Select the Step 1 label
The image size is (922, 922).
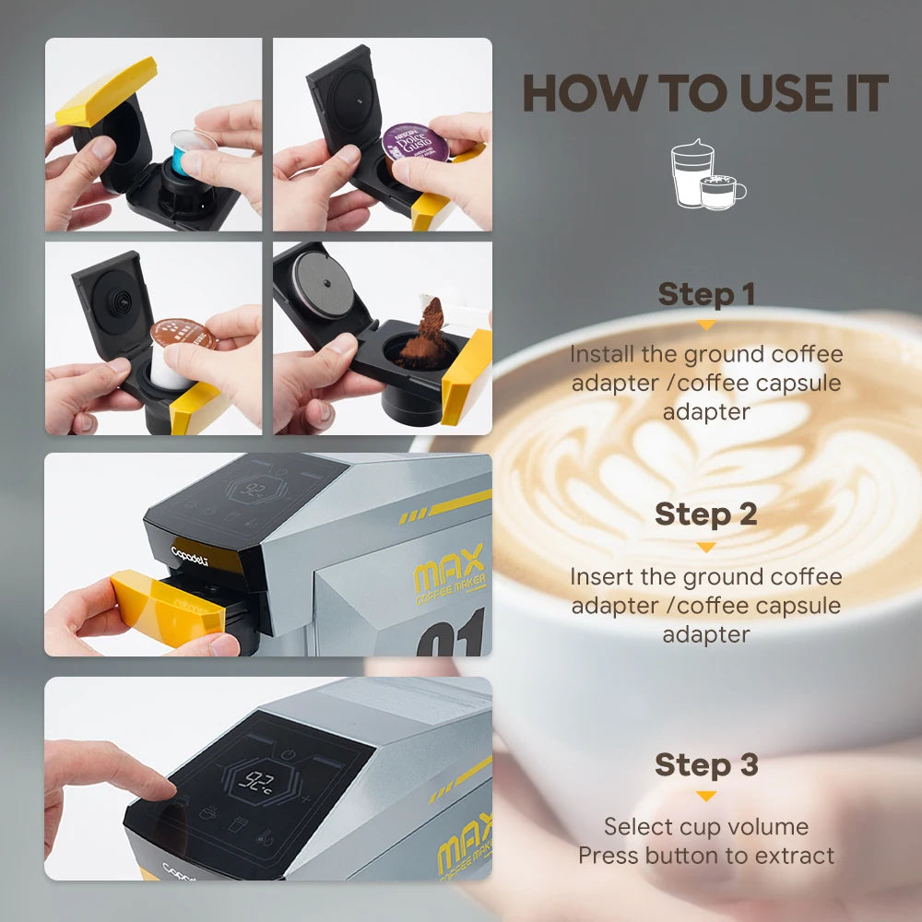click(705, 295)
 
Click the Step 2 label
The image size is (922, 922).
click(705, 514)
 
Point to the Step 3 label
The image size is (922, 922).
click(705, 764)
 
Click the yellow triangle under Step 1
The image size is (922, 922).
click(705, 325)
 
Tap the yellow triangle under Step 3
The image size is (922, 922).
click(705, 796)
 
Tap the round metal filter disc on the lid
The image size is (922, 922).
click(323, 287)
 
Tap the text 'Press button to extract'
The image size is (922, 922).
click(705, 856)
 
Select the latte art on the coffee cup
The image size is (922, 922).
click(701, 461)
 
